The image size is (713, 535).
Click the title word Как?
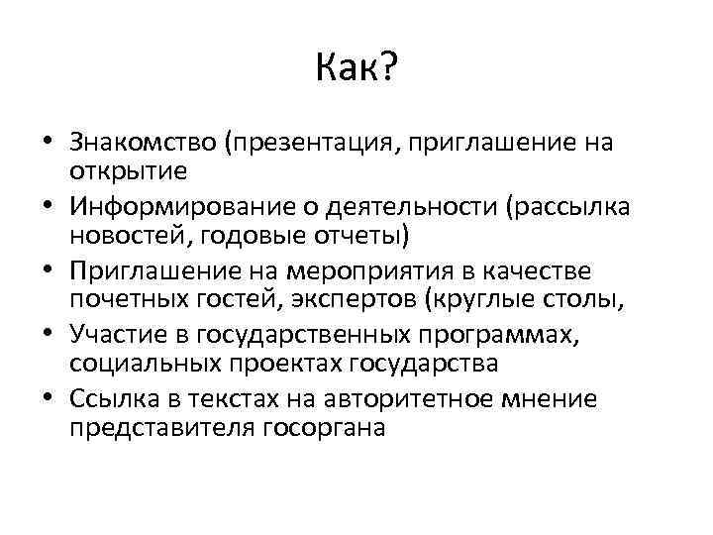click(356, 69)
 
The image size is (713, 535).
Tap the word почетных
click(120, 300)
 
